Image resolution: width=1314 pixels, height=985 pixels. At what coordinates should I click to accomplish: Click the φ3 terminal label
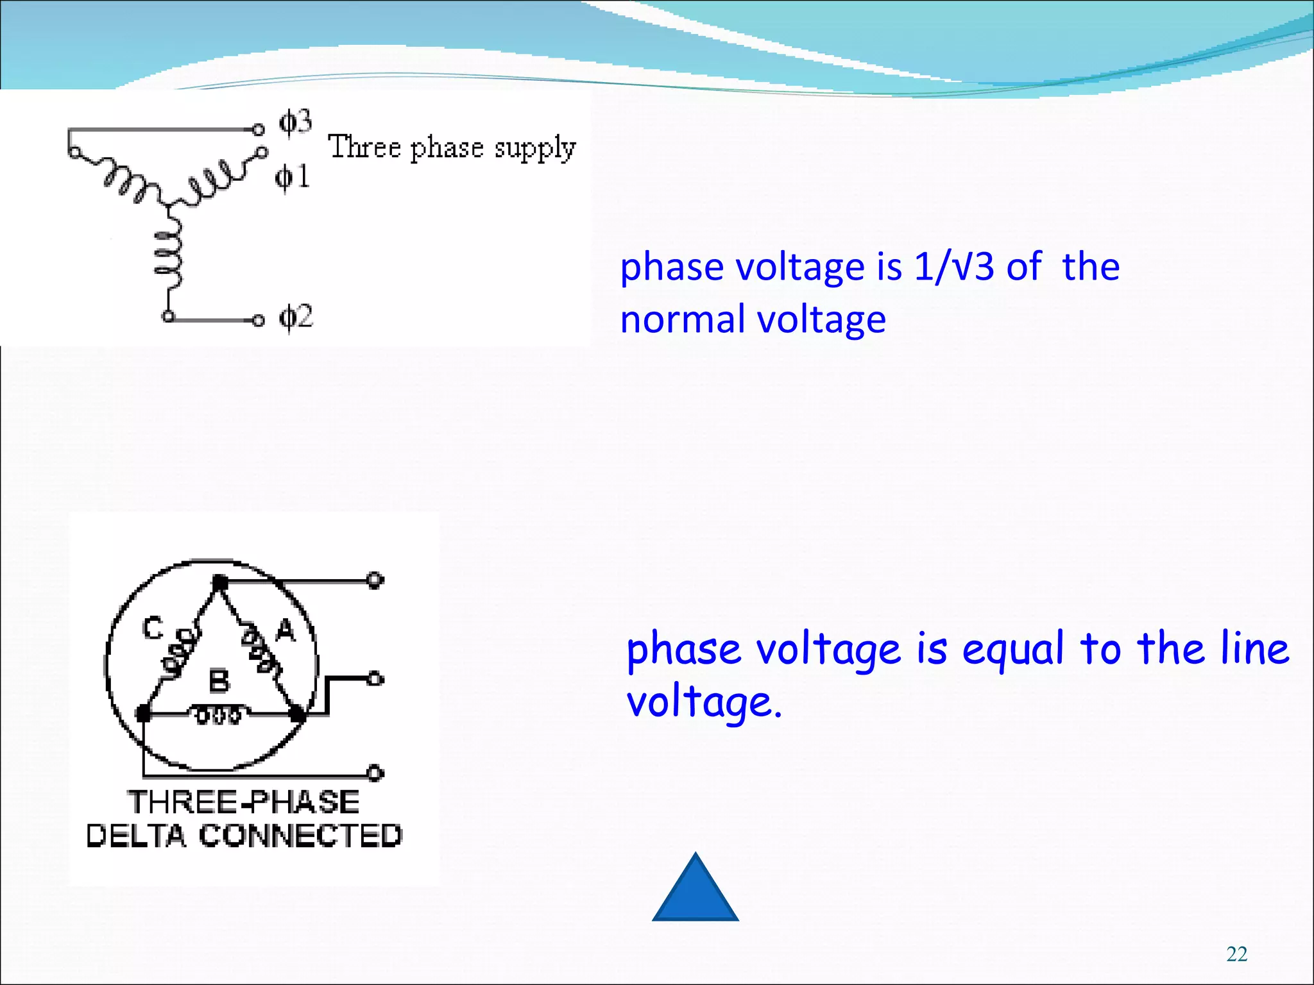[295, 122]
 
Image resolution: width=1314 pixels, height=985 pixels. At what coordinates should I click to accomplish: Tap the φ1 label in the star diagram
[293, 177]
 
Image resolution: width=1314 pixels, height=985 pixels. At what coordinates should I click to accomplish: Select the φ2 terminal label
[296, 317]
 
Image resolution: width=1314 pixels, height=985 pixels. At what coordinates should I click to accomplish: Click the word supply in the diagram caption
[535, 149]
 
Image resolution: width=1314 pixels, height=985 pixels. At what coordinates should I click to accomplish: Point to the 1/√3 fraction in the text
[954, 267]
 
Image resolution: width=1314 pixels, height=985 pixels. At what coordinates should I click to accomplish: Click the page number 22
[1236, 954]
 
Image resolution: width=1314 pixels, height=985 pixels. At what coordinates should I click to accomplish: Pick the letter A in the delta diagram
[286, 631]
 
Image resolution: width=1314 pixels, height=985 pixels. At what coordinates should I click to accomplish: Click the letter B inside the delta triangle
[219, 681]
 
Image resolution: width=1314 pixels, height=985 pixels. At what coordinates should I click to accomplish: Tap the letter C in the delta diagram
[153, 628]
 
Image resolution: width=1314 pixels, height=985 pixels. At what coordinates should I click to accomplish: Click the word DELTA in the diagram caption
[136, 836]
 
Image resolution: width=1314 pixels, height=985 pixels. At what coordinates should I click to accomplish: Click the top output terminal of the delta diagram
[375, 581]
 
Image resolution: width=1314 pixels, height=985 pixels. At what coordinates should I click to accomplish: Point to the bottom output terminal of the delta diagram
[375, 773]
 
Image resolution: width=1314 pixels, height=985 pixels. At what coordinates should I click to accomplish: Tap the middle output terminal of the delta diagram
[375, 679]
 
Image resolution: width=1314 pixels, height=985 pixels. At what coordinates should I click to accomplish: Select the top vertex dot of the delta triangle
[219, 582]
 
